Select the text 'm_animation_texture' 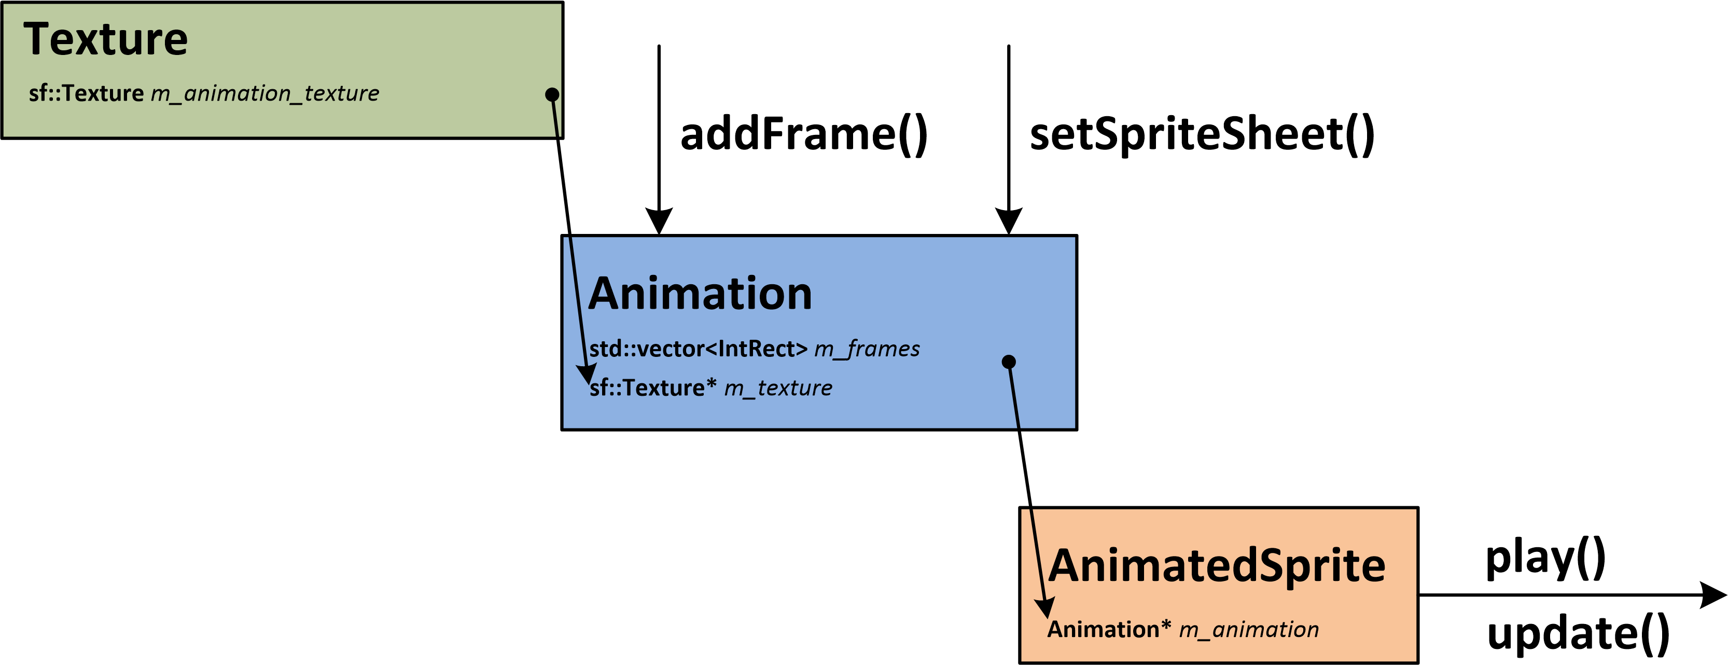coord(264,93)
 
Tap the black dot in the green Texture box coord(552,94)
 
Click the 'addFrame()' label coord(804,134)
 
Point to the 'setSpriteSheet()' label coord(1202,134)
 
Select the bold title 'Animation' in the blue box coord(700,294)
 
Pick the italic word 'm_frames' coord(867,349)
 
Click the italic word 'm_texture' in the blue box coord(777,388)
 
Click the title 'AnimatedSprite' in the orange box coord(1216,566)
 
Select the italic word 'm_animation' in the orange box coord(1248,629)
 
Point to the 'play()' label coord(1545,558)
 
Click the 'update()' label coord(1578,634)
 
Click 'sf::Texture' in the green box coord(86,93)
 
